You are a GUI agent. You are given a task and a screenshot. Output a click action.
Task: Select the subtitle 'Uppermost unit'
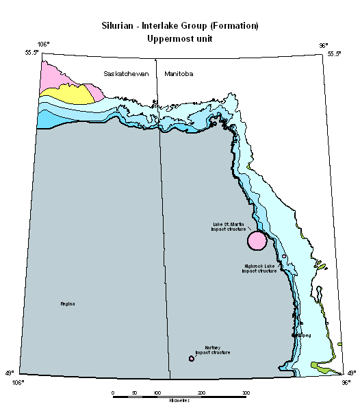[179, 38]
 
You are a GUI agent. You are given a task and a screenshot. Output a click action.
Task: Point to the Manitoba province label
[178, 73]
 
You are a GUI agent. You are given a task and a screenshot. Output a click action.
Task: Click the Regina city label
[67, 303]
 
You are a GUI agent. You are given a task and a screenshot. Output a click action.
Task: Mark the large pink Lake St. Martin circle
[257, 240]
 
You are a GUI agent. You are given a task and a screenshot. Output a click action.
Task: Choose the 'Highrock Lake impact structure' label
[259, 268]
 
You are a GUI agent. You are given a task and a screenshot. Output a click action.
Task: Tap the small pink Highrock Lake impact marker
[283, 256]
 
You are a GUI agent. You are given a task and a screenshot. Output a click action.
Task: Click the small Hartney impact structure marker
[192, 358]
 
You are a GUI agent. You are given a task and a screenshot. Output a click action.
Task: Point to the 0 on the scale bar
[112, 393]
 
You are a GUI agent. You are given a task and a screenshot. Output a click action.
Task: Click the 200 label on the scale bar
[201, 393]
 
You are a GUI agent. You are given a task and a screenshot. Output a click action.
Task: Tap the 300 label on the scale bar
[246, 393]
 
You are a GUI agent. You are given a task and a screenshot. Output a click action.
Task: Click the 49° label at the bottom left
[10, 373]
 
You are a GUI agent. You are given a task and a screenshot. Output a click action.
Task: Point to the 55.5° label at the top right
[334, 53]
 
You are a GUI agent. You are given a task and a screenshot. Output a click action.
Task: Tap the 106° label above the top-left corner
[43, 45]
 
